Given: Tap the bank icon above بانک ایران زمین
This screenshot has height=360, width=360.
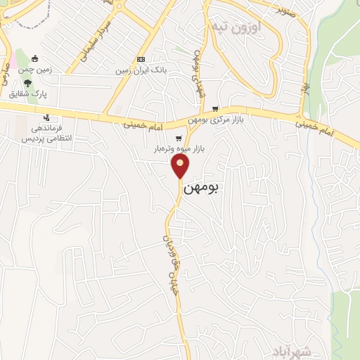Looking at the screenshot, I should coord(141,59).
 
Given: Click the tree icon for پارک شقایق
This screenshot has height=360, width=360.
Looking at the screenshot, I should coord(27,84).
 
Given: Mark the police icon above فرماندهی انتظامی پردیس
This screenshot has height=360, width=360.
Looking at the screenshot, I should coord(46,117).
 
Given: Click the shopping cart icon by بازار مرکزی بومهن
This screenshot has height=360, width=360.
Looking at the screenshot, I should coord(215,109).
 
